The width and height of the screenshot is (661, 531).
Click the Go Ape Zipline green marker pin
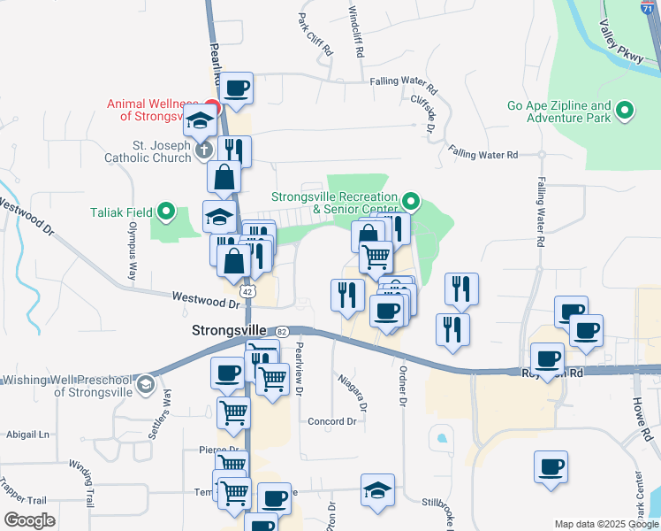point(626,111)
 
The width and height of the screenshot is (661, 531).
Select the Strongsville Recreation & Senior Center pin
point(410,199)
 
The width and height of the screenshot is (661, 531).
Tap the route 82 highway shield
point(281,330)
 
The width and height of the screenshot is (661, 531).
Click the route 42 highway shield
point(248,290)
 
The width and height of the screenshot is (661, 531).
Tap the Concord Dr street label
point(331,422)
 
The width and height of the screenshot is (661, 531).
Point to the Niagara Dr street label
point(352,390)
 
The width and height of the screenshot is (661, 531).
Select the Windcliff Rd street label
point(355,31)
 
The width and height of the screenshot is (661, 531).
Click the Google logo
point(30,520)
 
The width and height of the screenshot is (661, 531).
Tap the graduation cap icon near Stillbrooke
point(378,490)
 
